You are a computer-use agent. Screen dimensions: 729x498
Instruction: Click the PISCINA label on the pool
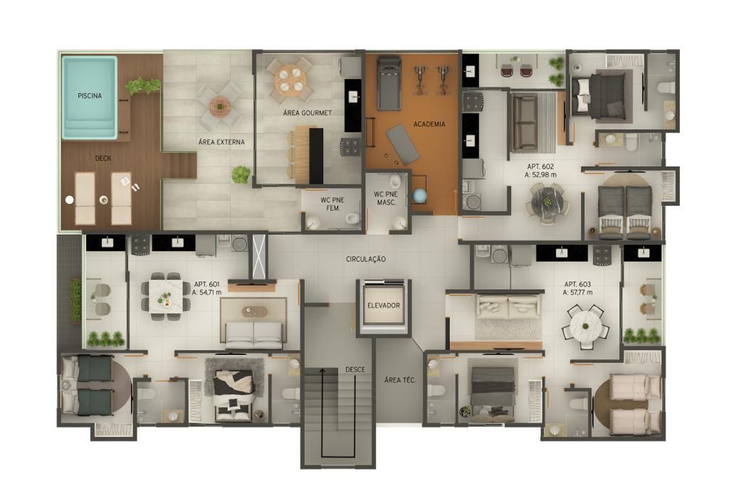[x=90, y=96]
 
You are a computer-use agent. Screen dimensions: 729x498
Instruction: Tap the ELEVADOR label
[x=384, y=305]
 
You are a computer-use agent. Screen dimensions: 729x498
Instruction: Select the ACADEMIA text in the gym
[x=429, y=124]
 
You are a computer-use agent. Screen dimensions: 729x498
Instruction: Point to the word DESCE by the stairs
[x=355, y=369]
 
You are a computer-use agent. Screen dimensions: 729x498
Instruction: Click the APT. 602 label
[x=541, y=166]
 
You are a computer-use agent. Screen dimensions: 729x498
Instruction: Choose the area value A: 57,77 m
[x=578, y=292]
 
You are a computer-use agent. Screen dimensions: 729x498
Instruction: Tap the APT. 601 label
[x=207, y=284]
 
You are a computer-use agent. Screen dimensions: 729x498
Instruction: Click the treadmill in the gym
[x=389, y=83]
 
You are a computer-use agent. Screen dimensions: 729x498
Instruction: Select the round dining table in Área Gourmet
[x=290, y=80]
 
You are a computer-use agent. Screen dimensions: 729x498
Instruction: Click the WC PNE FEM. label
[x=332, y=204]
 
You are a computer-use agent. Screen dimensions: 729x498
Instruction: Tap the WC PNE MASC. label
[x=386, y=198]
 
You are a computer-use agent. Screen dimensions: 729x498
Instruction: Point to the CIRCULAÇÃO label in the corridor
[x=366, y=259]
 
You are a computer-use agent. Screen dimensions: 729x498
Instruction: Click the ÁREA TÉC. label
[x=400, y=379]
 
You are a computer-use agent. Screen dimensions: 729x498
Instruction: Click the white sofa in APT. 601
[x=254, y=335]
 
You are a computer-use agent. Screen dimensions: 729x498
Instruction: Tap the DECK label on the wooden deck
[x=103, y=158]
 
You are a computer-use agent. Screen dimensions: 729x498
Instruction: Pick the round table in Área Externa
[x=219, y=107]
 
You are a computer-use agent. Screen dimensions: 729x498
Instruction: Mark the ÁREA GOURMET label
[x=308, y=113]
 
